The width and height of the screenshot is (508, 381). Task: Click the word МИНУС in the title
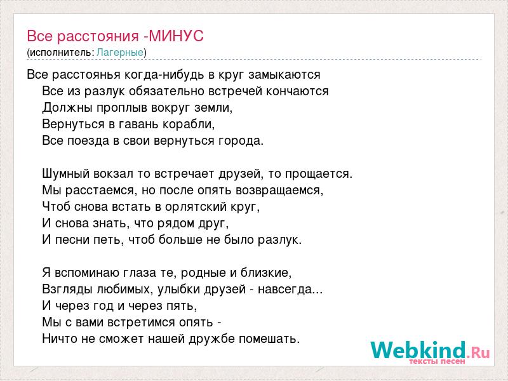(177, 36)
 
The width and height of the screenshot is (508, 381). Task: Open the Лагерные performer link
(120, 52)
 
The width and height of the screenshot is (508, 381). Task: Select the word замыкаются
(284, 75)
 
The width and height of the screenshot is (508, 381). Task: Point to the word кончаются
(297, 91)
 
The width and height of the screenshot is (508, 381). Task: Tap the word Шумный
(65, 174)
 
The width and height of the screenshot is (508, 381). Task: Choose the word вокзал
(114, 174)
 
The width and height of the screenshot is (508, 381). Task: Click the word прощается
(319, 174)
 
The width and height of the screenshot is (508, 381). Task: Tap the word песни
(72, 240)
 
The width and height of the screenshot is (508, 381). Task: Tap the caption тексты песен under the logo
(437, 361)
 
